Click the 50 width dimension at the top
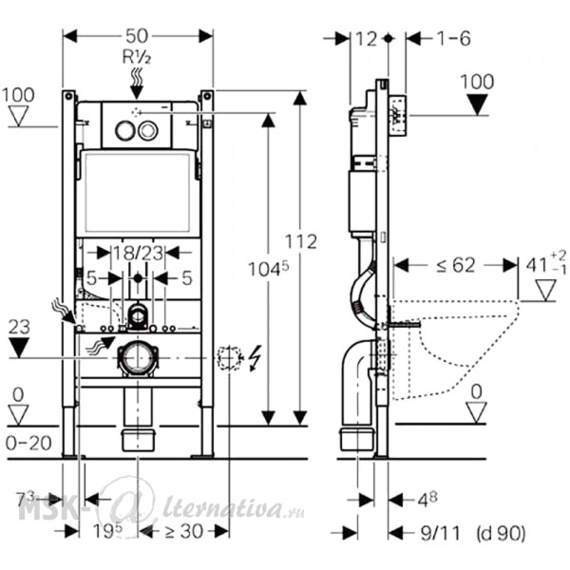coord(137,36)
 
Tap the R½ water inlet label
coord(136,57)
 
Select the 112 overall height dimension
coord(300,241)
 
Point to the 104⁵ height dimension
coord(268,270)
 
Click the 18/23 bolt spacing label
coord(138,253)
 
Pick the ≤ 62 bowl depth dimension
coord(456,265)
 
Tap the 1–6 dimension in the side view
coord(454,38)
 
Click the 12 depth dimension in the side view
coord(366,39)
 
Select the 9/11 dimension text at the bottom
coord(440,534)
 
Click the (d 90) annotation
coord(502,534)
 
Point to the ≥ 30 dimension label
coord(183,531)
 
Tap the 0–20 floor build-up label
coord(28,443)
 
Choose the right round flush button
coord(148,130)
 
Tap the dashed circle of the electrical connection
coord(229,358)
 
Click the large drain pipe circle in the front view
coord(138,358)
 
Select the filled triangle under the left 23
coord(19,348)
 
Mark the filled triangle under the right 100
coord(477,104)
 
